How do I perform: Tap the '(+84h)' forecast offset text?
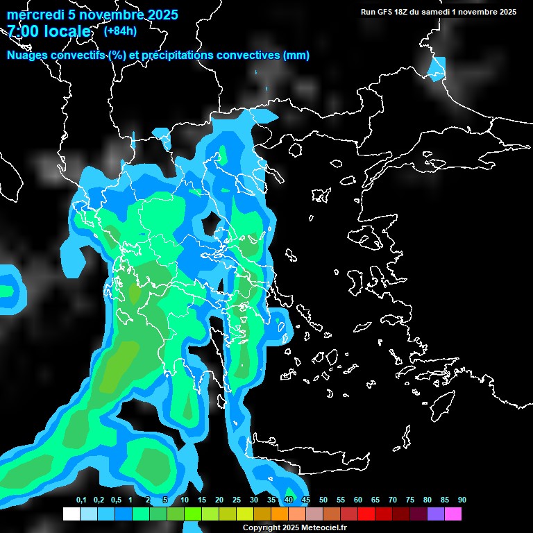click(120, 31)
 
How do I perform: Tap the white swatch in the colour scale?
click(71, 514)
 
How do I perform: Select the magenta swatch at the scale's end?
click(453, 514)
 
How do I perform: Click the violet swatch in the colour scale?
click(436, 514)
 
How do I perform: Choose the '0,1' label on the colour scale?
click(81, 500)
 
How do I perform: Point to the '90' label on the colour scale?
click(462, 500)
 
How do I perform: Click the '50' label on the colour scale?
click(323, 500)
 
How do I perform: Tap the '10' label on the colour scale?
click(185, 500)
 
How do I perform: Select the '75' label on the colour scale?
click(410, 500)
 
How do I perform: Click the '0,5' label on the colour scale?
click(115, 500)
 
